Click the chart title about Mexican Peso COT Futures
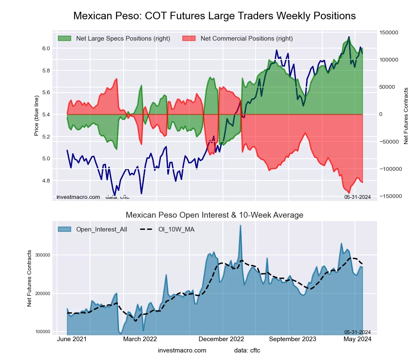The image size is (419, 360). [x=215, y=16]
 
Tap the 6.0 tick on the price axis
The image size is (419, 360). [x=46, y=49]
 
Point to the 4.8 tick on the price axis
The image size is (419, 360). [x=46, y=181]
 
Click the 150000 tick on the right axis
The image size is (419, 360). [x=388, y=32]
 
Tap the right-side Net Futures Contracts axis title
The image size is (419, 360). [x=406, y=116]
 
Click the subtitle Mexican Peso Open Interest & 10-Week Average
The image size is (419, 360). [x=215, y=215]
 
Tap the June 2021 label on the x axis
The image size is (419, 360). [x=72, y=339]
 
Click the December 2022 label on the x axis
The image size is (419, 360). [x=221, y=339]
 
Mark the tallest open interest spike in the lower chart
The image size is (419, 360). [x=241, y=226]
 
